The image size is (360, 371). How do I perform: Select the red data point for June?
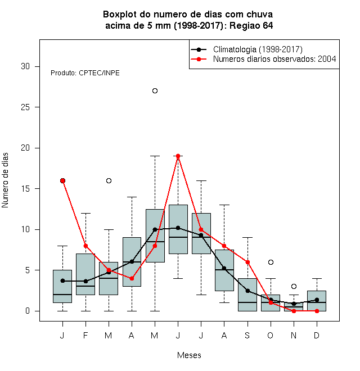point(178,156)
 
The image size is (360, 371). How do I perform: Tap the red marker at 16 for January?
point(63,181)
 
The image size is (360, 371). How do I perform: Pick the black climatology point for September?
point(247,291)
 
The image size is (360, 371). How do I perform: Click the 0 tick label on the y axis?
point(28,311)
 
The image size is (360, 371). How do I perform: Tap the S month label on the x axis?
point(247,335)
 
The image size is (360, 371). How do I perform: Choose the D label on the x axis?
point(317,335)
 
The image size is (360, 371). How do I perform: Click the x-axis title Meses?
point(189,355)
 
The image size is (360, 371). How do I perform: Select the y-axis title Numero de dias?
point(5,180)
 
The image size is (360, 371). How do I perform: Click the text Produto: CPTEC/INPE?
point(85,73)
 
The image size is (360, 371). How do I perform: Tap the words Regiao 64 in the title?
point(251,25)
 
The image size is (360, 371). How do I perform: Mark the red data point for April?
point(132,278)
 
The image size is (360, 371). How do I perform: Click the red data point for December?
point(317,311)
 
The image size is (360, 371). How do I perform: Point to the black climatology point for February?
point(85,281)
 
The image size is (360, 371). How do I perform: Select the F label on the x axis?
point(85,335)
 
